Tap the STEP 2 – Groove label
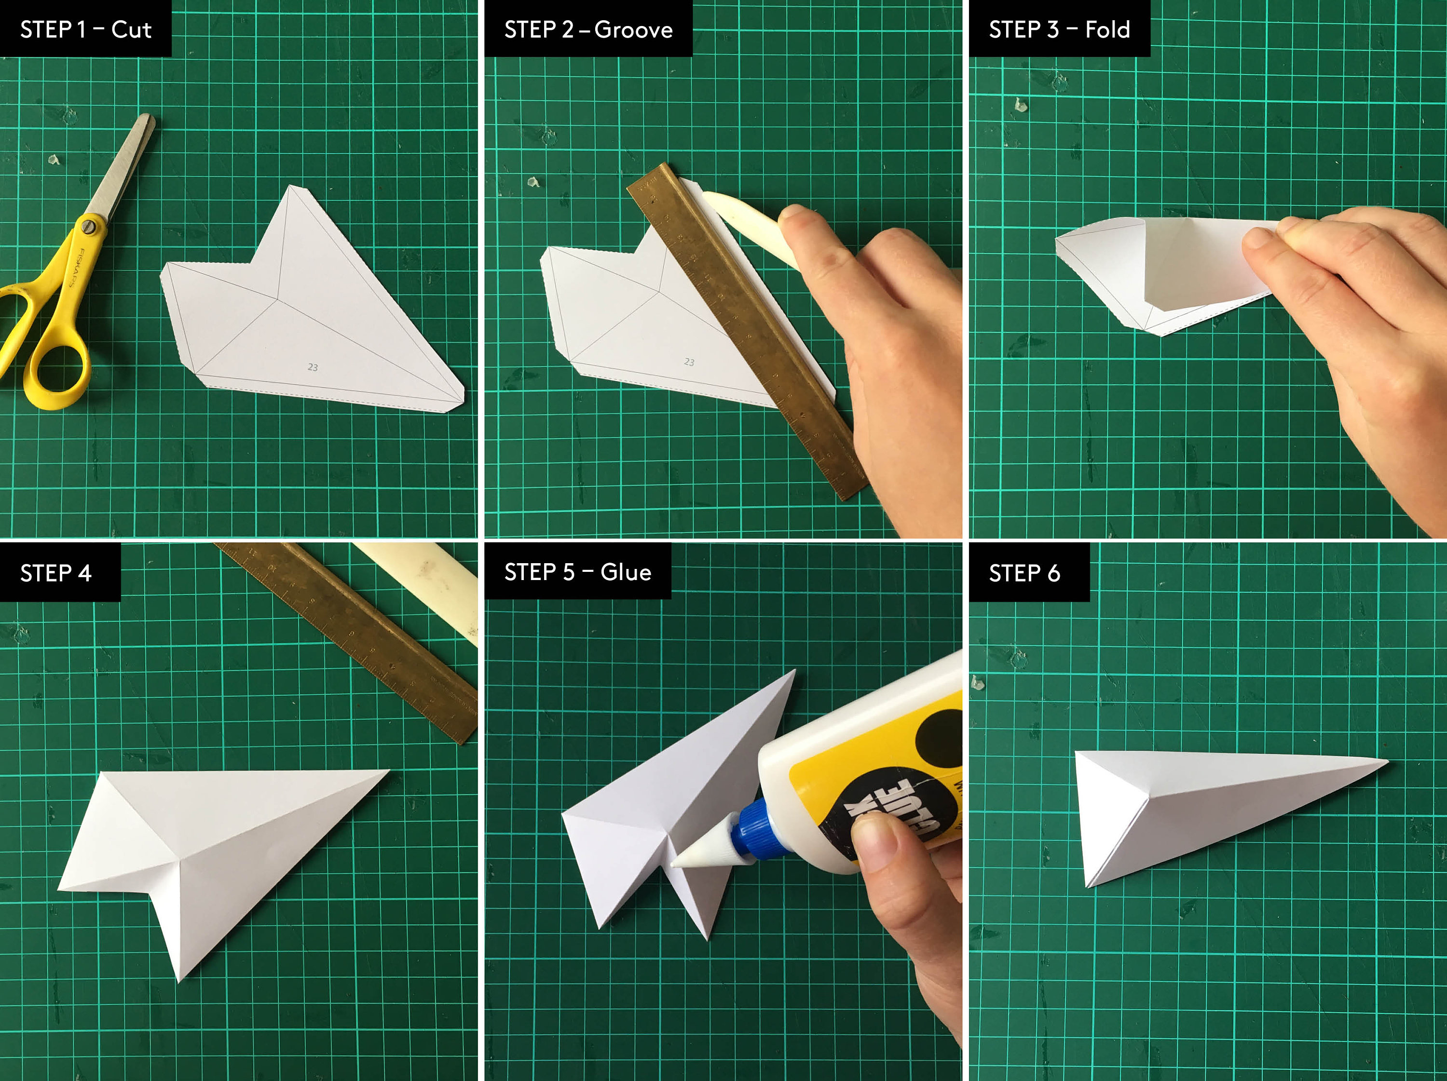(x=587, y=29)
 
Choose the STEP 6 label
(x=1024, y=573)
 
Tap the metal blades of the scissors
(x=127, y=163)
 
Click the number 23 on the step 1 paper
(x=313, y=367)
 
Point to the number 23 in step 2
(x=689, y=362)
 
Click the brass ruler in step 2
(x=746, y=327)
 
